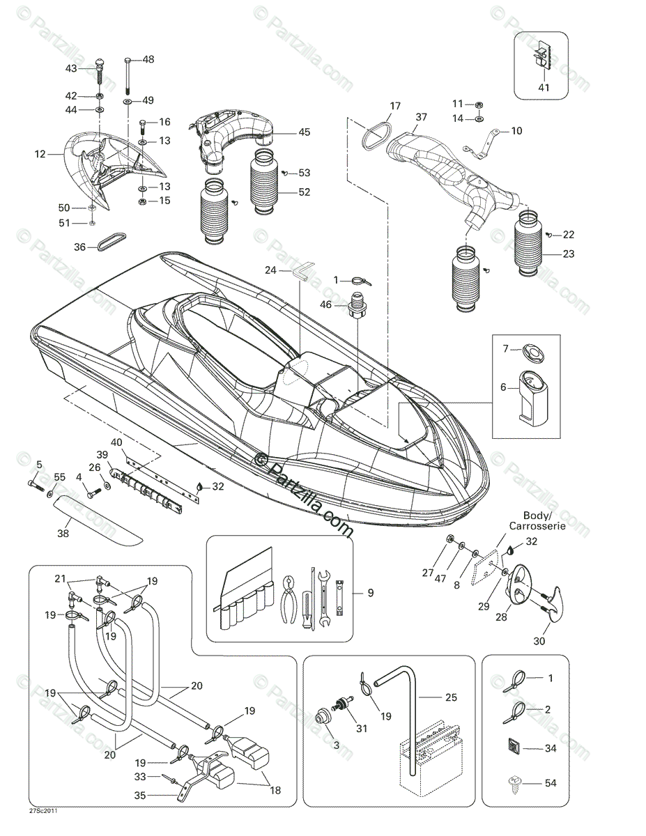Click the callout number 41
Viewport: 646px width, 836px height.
click(544, 88)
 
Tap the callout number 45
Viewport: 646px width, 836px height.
click(305, 132)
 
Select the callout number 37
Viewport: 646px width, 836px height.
click(420, 116)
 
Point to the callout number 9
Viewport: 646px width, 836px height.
click(371, 594)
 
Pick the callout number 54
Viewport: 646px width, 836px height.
click(551, 783)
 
